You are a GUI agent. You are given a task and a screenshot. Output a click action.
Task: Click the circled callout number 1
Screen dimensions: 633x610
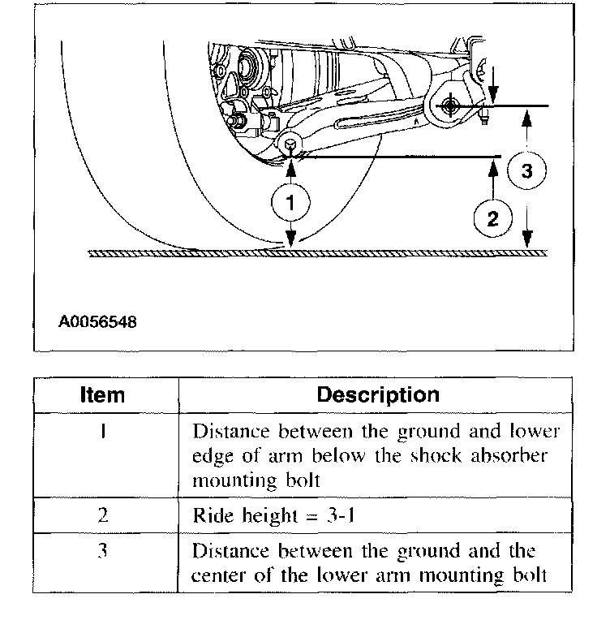tap(290, 203)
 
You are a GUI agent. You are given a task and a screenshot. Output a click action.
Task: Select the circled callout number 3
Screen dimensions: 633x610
tap(527, 171)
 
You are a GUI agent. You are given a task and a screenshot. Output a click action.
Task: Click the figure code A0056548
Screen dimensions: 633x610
tap(97, 322)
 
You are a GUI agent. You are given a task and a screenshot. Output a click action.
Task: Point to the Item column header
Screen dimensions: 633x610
tap(103, 395)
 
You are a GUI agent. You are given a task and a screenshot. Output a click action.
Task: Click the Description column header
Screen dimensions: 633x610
tap(377, 395)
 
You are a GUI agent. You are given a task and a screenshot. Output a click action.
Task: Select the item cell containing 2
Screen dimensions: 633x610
tap(104, 515)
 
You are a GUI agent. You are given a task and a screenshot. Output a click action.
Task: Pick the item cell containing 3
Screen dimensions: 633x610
tap(104, 553)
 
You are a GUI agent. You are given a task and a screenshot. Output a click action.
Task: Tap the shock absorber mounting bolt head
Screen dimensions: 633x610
tap(290, 144)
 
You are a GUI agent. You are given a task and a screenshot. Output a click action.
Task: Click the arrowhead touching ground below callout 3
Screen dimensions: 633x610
tap(527, 243)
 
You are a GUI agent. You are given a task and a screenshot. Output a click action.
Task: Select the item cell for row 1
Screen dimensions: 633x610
tap(104, 431)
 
